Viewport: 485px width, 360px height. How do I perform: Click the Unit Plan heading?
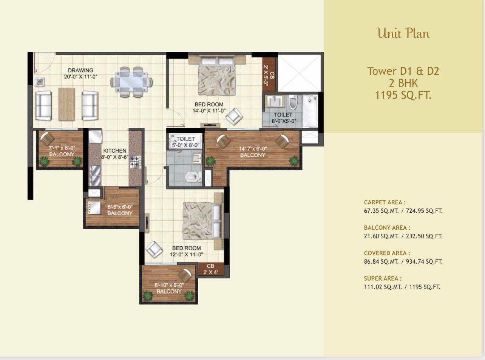(403, 34)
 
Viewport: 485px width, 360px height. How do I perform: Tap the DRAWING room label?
(80, 70)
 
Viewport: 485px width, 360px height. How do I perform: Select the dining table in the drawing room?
(131, 82)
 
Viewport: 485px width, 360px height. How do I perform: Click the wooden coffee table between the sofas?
(67, 104)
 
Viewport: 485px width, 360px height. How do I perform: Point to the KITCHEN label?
(115, 151)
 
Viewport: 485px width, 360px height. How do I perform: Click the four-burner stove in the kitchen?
(136, 162)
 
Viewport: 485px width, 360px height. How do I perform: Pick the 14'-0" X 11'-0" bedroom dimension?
(209, 111)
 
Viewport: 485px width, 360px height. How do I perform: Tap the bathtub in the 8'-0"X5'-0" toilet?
(310, 111)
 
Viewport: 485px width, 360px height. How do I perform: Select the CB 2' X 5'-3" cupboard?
(269, 74)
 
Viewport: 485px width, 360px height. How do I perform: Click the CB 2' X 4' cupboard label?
(210, 269)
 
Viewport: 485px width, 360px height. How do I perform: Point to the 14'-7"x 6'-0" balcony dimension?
(253, 149)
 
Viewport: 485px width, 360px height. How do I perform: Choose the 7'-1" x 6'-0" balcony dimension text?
(62, 148)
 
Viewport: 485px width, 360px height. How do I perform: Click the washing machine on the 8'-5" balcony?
(94, 207)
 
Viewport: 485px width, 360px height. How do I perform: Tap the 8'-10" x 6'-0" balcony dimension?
(169, 285)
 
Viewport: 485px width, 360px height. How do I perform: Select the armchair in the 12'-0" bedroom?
(154, 250)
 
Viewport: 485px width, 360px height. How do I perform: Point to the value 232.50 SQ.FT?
(424, 236)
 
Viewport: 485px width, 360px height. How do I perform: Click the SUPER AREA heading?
(383, 278)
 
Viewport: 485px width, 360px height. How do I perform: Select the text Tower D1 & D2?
(403, 71)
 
